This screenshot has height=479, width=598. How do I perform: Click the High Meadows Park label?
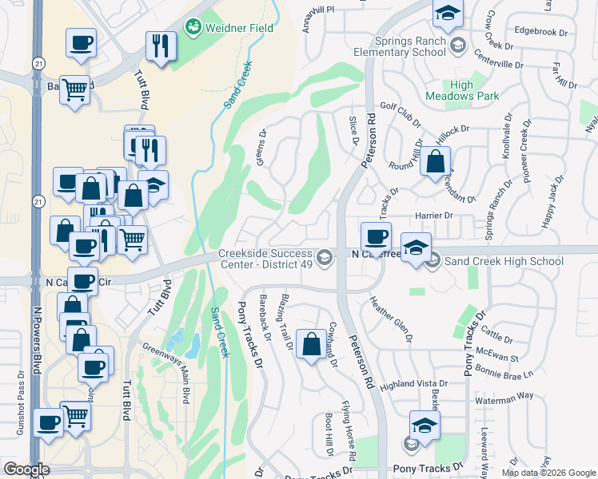tap(473, 90)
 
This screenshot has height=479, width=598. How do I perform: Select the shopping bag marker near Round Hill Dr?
tap(434, 162)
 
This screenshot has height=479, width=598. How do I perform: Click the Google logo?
tap(27, 469)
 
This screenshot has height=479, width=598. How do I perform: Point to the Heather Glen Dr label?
tap(391, 319)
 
